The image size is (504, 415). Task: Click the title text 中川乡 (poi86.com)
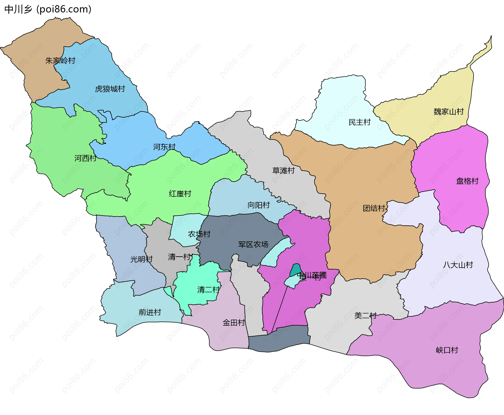coord(48,9)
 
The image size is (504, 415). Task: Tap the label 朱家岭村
coord(60,61)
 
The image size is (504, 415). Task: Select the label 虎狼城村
coord(110,89)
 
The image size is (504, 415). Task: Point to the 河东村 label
coord(164,147)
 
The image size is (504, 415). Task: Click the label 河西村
coord(85,158)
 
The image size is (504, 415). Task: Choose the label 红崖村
coord(180,194)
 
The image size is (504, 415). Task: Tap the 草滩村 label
coord(283,171)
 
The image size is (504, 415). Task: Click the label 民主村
coord(359,122)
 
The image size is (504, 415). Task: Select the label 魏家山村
coord(449,112)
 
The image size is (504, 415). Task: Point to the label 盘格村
coord(467,181)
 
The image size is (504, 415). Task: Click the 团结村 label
coord(374,208)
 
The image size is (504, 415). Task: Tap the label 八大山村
coord(458,265)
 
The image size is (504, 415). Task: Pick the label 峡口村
coord(447,350)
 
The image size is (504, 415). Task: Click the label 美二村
coord(365,315)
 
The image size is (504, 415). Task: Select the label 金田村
coord(234,323)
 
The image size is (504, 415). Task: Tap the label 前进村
coord(150,312)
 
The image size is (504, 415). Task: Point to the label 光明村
coord(141,259)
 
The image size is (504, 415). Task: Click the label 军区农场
coord(253,245)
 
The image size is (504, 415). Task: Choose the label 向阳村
coord(259,205)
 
